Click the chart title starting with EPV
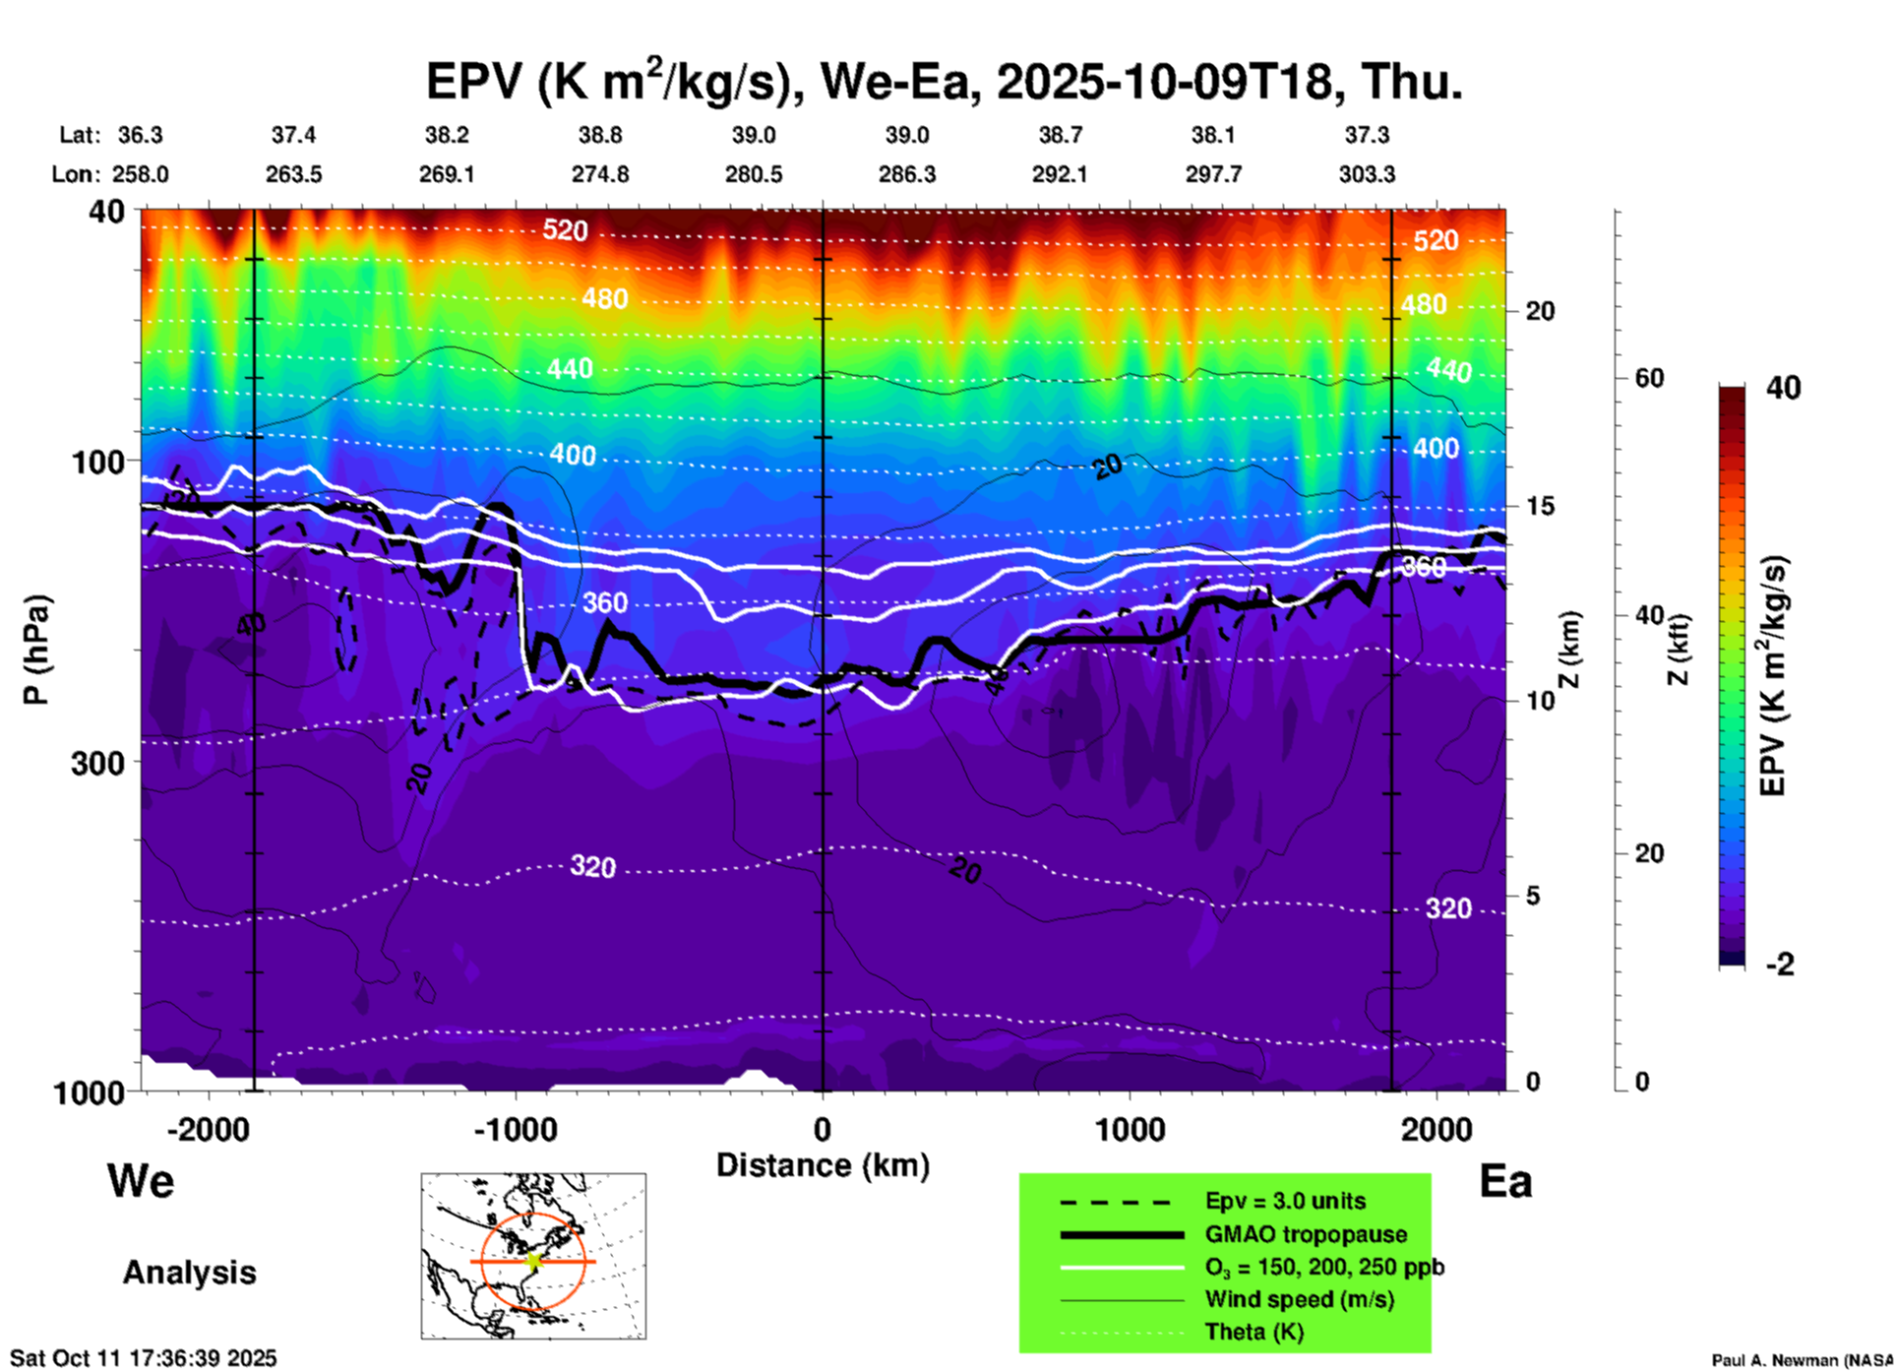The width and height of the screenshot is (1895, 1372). [944, 81]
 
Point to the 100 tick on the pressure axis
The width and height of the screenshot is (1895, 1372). [98, 462]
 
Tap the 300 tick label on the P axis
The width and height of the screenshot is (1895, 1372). [98, 763]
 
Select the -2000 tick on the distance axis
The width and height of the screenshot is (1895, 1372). [208, 1129]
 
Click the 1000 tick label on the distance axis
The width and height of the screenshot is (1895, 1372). [1131, 1129]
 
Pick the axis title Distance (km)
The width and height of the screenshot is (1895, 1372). [823, 1165]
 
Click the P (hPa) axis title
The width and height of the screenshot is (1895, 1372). [36, 650]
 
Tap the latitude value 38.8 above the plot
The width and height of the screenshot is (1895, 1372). [599, 135]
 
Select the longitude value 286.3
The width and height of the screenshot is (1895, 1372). [906, 174]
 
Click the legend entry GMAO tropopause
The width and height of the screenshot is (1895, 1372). [1306, 1234]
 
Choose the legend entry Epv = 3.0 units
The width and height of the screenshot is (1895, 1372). [1285, 1202]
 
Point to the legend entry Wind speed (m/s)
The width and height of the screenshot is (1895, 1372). [1299, 1299]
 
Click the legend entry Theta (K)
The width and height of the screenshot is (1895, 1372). [1253, 1332]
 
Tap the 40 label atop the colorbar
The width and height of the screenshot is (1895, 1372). [1783, 388]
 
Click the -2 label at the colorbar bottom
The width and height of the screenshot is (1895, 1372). [1779, 965]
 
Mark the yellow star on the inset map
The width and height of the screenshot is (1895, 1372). [534, 1261]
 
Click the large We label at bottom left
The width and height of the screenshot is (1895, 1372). [141, 1180]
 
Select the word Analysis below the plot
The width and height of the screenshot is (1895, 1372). [189, 1273]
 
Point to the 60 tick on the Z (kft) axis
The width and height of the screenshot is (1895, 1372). [1650, 378]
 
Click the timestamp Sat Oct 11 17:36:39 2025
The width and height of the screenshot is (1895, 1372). [144, 1358]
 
